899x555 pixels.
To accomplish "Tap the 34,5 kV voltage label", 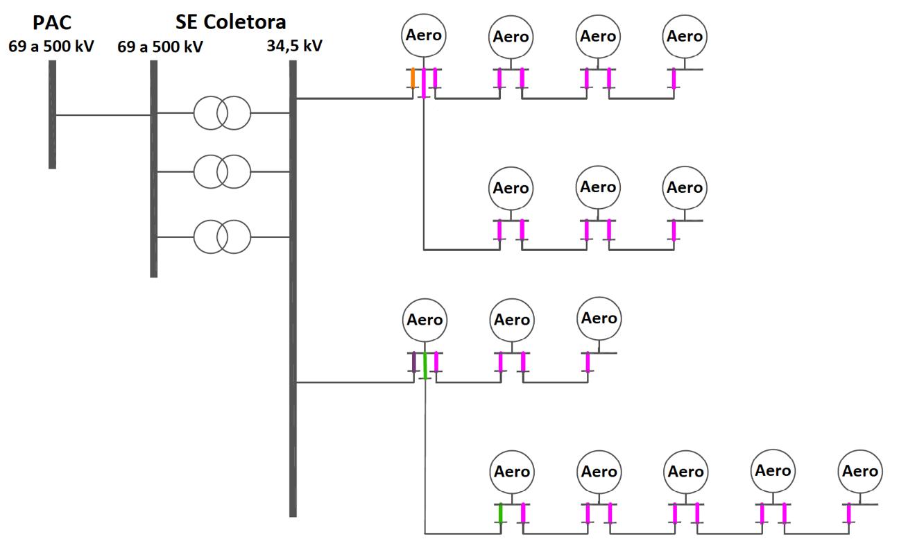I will point(294,46).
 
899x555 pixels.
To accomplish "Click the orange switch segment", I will point(413,78).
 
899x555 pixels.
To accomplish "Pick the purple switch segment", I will point(414,362).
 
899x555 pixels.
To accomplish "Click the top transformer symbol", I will point(221,113).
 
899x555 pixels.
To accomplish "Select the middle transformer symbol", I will point(221,171).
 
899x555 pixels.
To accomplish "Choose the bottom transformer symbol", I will point(221,237).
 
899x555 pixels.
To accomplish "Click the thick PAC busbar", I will point(52,114).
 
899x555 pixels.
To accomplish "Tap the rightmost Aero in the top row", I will point(685,36).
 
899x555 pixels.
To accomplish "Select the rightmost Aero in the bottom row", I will point(859,472).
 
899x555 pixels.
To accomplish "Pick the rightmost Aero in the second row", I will point(685,188).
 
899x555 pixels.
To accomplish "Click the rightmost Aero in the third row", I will point(599,319).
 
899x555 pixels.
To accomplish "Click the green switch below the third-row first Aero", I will point(425,366).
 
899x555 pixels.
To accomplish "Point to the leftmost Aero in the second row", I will point(511,188).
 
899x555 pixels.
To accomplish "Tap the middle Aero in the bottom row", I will point(685,472).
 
